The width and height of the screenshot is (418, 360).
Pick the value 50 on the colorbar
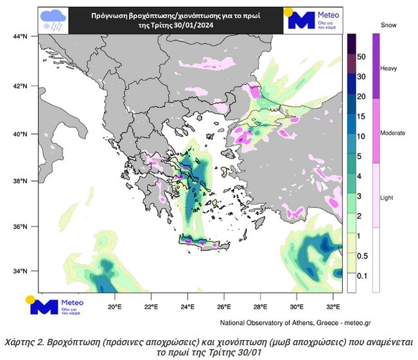click(361, 57)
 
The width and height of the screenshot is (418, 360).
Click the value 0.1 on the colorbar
click(362, 275)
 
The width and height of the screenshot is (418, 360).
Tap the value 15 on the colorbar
click(361, 116)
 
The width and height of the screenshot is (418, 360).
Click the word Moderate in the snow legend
click(393, 133)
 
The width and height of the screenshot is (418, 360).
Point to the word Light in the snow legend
click(388, 198)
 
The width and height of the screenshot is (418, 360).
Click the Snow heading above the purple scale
click(388, 26)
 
